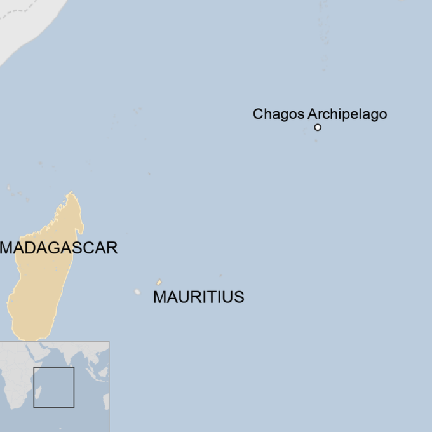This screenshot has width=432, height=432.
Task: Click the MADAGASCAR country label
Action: tap(59, 247)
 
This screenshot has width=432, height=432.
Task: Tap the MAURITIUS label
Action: tap(198, 297)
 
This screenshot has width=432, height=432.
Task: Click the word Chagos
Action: tap(278, 114)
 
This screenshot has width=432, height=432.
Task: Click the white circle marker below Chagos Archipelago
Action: tap(318, 127)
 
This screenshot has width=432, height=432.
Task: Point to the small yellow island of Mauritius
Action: tap(159, 283)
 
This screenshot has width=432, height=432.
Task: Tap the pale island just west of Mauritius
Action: tap(137, 292)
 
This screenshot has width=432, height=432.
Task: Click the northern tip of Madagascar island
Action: tap(72, 193)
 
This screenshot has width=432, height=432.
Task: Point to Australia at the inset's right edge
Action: tap(105, 401)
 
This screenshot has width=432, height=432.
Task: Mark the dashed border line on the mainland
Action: tap(19, 13)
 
